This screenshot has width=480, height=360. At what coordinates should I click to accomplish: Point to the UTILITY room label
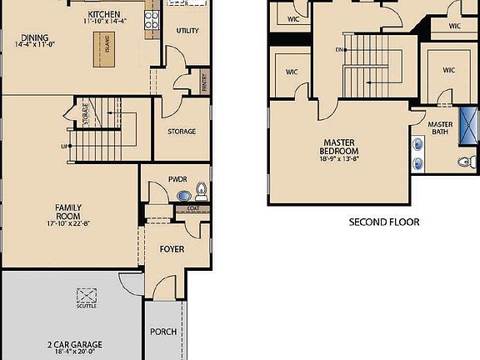pyautogui.click(x=187, y=31)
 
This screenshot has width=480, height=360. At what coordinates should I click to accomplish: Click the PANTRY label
pyautogui.click(x=204, y=82)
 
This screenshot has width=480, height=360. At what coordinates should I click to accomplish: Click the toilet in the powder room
pyautogui.click(x=201, y=192)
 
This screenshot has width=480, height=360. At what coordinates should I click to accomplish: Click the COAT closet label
pyautogui.click(x=192, y=208)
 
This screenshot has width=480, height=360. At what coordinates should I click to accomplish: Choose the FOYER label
pyautogui.click(x=172, y=249)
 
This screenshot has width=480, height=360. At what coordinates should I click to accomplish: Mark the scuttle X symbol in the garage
pyautogui.click(x=87, y=295)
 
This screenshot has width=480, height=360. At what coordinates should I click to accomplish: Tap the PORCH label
pyautogui.click(x=163, y=332)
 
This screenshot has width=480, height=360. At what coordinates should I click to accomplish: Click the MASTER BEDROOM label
pyautogui.click(x=339, y=147)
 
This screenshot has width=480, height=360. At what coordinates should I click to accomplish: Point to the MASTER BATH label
pyautogui.click(x=440, y=129)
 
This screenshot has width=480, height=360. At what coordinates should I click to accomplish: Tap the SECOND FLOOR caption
pyautogui.click(x=383, y=222)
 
